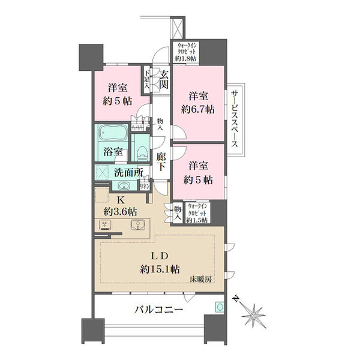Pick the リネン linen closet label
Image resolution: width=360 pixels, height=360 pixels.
pos(144,187)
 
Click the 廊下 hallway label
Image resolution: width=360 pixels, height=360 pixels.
pos(161,161)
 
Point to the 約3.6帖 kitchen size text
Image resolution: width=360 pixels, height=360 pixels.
pos(119,211)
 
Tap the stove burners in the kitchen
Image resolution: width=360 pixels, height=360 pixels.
pos(106,226)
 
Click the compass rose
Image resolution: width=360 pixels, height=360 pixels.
pos(257,312)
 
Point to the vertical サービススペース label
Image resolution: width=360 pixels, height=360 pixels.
pos(236,120)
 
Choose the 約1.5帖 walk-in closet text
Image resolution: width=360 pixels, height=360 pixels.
pos(197,221)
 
